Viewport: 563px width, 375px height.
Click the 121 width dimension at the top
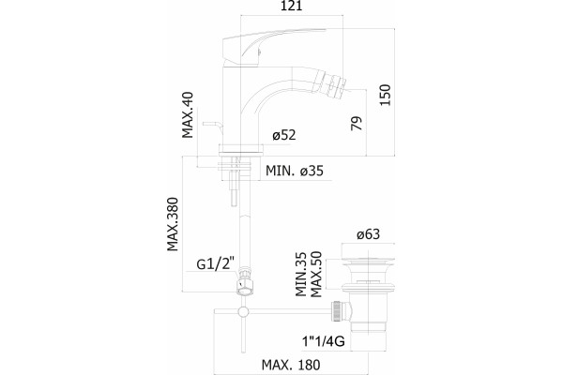pos(291,7)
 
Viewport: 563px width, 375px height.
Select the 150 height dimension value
pos(385,95)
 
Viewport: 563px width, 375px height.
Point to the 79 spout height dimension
pos(357,124)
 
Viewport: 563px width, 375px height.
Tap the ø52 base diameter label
pos(284,135)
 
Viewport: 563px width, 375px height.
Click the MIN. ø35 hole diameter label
pos(295,171)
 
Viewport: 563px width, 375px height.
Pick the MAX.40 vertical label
pos(188,114)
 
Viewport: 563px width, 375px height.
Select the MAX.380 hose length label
pos(173,224)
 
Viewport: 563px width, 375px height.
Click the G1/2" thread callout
pos(216,264)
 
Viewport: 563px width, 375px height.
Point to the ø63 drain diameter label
pos(368,234)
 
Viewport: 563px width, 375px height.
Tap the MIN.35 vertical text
pos(301,274)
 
